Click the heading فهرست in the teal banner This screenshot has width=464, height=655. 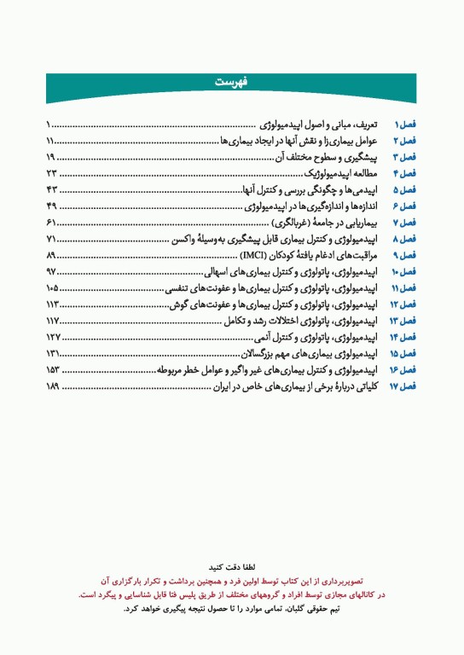pyautogui.click(x=231, y=82)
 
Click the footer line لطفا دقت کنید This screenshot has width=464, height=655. pyautogui.click(x=232, y=565)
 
